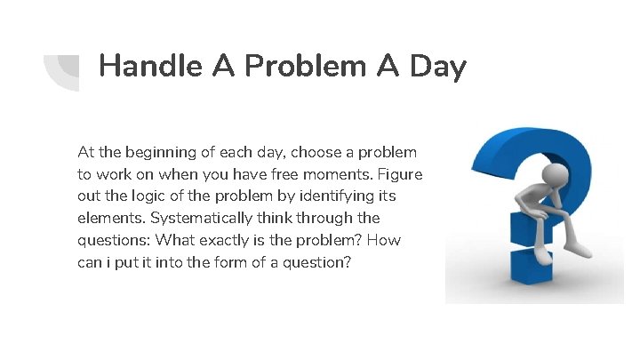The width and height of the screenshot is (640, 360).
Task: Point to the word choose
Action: (x=317, y=153)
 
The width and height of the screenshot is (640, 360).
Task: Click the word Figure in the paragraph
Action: (x=398, y=175)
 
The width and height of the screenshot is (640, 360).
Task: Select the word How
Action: (x=384, y=241)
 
